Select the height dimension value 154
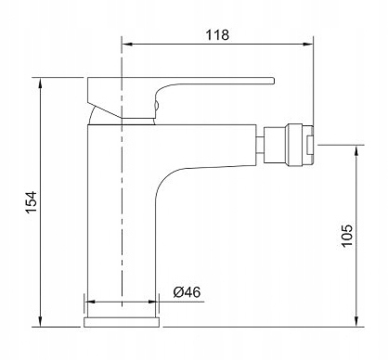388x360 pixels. [x=30, y=201]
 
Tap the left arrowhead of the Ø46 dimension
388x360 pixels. [x=89, y=301]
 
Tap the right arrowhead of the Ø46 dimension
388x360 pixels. [x=155, y=301]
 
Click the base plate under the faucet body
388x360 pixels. [x=123, y=321]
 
